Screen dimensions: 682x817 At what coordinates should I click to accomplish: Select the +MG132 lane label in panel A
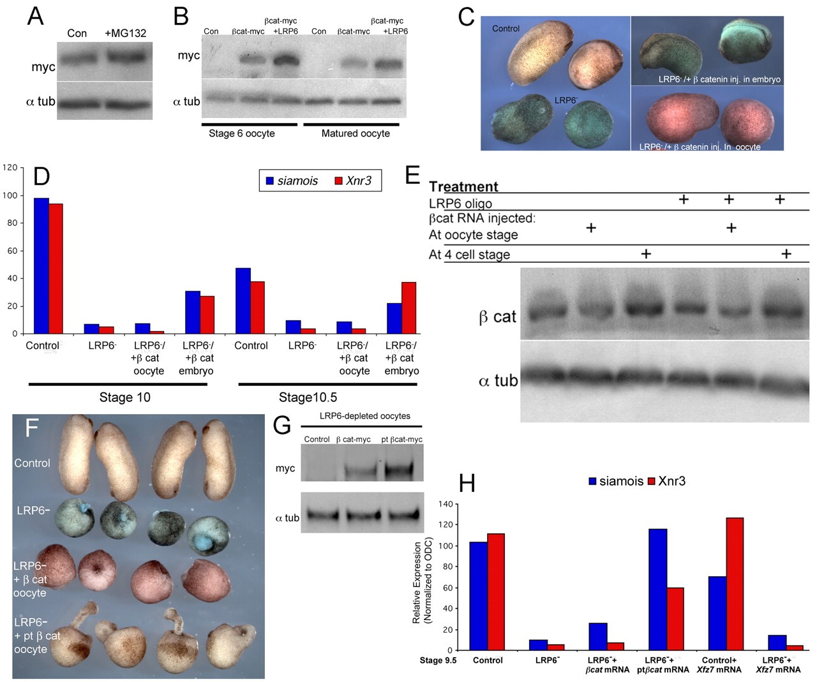pos(125,33)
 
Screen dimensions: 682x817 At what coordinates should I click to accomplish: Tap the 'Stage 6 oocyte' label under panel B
pos(242,133)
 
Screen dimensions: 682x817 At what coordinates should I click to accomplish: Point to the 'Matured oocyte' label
pos(356,133)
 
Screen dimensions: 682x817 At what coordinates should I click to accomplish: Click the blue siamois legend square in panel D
pos(269,181)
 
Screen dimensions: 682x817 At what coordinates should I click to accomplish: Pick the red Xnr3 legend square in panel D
pos(338,181)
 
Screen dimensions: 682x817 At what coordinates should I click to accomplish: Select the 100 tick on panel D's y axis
pos(10,196)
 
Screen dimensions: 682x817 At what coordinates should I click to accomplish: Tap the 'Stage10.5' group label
pos(308,397)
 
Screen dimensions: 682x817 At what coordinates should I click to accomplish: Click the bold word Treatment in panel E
pos(463,186)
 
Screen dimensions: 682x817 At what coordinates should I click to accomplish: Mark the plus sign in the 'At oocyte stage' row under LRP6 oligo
pos(731,228)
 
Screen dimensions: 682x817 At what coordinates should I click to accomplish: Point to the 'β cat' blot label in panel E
pos(497,316)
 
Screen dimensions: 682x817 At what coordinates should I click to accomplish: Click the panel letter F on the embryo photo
pos(32,427)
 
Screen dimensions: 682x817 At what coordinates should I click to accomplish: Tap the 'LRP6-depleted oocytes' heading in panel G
pos(364,416)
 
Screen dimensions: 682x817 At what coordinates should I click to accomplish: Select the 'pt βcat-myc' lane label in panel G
pos(401,439)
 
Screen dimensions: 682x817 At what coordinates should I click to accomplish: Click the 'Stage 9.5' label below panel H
pos(438,660)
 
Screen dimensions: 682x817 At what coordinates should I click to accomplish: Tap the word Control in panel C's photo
pos(506,29)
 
